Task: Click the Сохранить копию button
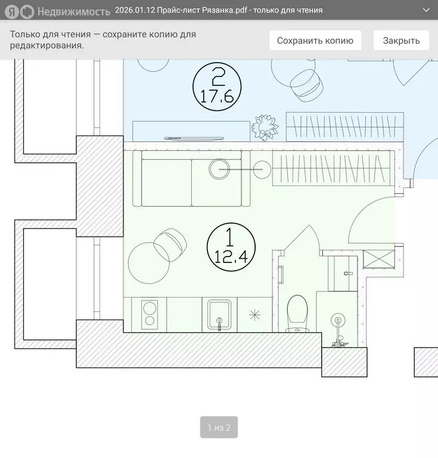315,41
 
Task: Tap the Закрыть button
401,41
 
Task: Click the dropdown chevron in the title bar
426,10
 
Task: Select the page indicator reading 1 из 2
219,428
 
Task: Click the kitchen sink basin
219,315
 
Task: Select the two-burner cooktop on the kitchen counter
150,315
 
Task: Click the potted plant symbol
265,128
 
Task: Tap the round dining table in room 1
149,263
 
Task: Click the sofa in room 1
191,178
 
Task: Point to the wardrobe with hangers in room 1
331,168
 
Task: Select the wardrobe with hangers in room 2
345,127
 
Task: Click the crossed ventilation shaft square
379,259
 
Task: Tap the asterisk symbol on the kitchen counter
254,315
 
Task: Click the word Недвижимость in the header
74,12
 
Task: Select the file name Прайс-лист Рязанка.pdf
202,10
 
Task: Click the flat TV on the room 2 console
194,138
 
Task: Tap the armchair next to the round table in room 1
170,245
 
